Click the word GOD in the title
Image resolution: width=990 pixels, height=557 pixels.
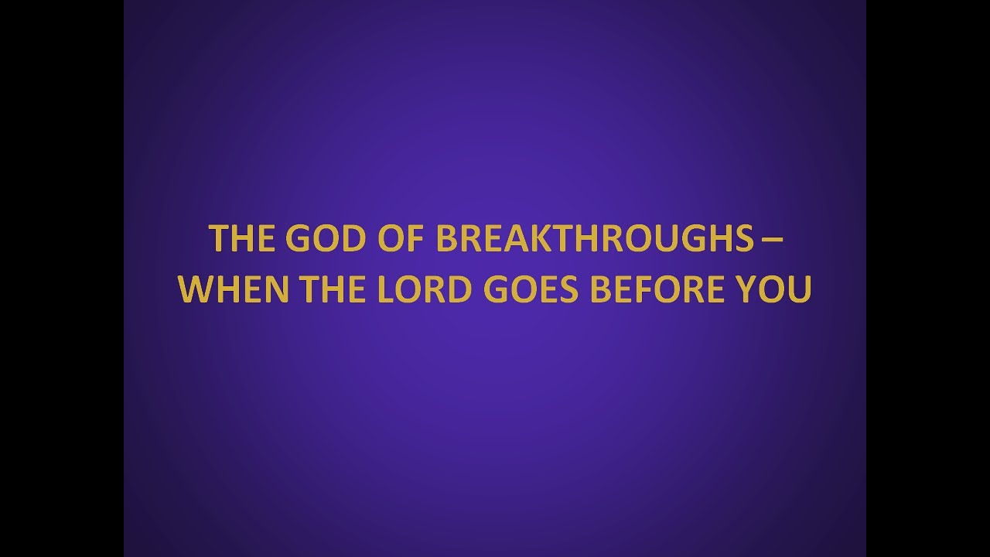click(x=319, y=239)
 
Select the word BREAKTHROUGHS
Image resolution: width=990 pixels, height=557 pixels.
click(x=593, y=239)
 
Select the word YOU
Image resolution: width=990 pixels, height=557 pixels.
click(x=777, y=289)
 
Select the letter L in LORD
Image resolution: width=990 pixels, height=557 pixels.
click(x=384, y=289)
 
